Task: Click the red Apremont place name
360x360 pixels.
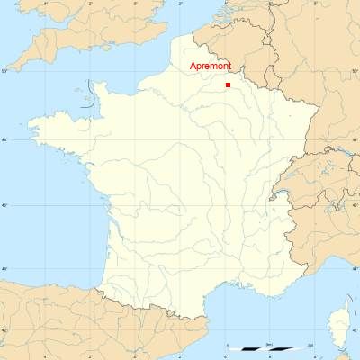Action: point(211,67)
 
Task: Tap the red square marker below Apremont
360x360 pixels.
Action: point(228,85)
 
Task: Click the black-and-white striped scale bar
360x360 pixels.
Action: point(270,349)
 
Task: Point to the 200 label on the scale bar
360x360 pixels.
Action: point(310,345)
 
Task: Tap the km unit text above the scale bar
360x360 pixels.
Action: point(270,344)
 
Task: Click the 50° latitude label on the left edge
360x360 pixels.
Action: point(4,70)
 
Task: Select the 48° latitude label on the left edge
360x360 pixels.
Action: point(4,139)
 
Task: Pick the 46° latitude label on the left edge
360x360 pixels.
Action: point(4,205)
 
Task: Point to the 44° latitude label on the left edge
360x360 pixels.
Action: point(4,269)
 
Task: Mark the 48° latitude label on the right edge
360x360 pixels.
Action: point(355,139)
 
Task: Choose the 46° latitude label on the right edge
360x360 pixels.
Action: point(355,205)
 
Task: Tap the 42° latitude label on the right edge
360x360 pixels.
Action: point(355,330)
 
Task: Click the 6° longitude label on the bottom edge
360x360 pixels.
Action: point(269,356)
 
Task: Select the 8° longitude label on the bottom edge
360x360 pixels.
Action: point(314,356)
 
